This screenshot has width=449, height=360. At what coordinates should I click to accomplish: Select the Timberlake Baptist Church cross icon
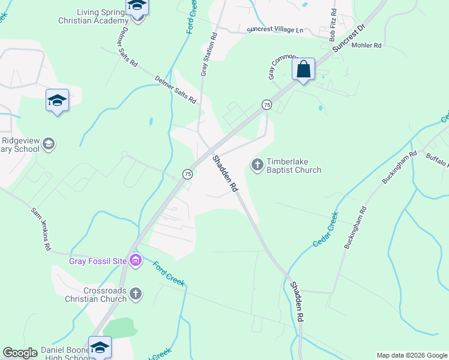pos(258,164)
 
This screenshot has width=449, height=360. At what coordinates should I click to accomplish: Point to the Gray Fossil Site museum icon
pos(136,260)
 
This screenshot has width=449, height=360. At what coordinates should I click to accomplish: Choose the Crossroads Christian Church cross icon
pos(136,293)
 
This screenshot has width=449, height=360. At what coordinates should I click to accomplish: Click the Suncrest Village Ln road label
pos(277,29)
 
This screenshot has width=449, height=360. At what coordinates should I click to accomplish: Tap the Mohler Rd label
pos(366,45)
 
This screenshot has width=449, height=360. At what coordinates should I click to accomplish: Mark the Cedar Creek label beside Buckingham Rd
pos(325,229)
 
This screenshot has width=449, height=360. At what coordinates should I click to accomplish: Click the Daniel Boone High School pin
pos(100,347)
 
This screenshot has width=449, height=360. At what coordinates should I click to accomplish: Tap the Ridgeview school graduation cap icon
pos(49,144)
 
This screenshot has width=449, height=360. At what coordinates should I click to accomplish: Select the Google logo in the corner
pos(20,353)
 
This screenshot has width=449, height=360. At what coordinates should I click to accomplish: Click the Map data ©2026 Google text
pos(412,355)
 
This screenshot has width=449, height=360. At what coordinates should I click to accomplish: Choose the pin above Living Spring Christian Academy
pos(137,8)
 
